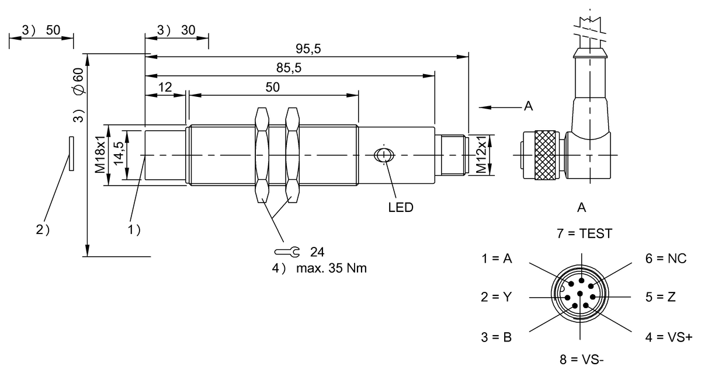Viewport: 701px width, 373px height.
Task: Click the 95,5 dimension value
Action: pos(308,48)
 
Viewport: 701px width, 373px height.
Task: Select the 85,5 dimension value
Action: pos(289,68)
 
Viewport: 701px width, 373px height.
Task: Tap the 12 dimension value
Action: pos(165,87)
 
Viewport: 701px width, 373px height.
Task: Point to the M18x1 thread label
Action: pos(100,155)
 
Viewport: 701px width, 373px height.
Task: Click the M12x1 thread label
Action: pos(481,155)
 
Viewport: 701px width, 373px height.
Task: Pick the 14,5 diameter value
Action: pos(119,154)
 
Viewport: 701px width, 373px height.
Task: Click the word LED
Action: pos(401,207)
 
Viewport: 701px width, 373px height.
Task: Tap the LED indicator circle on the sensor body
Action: pos(384,155)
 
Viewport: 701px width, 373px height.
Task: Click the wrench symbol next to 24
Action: pos(287,252)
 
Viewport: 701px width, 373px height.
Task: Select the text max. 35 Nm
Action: pos(331,269)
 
